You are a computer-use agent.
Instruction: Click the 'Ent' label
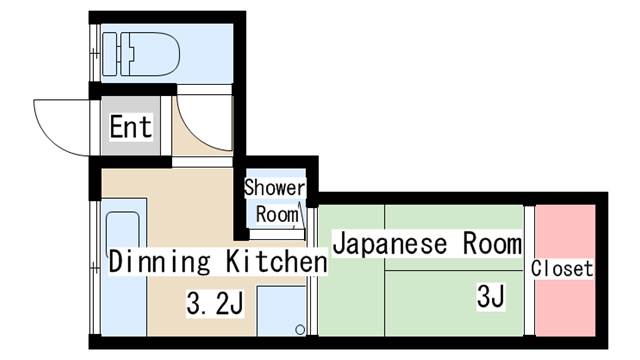(x=131, y=126)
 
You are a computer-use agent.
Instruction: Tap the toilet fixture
(x=141, y=54)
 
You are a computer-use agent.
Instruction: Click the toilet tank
(x=110, y=54)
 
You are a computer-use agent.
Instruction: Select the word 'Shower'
(x=275, y=188)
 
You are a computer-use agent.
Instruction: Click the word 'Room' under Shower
(x=277, y=215)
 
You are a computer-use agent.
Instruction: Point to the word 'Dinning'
(x=160, y=262)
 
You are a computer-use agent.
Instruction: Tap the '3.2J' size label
(x=215, y=303)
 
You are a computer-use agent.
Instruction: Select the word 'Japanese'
(x=390, y=244)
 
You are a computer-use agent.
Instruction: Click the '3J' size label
(x=491, y=296)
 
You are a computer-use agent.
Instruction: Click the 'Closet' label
(x=562, y=269)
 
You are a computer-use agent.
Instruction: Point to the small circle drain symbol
(x=300, y=329)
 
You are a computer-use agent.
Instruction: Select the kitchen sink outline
(x=122, y=231)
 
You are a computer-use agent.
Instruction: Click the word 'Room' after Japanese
(x=492, y=244)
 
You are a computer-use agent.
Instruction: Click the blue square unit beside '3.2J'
(x=281, y=311)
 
